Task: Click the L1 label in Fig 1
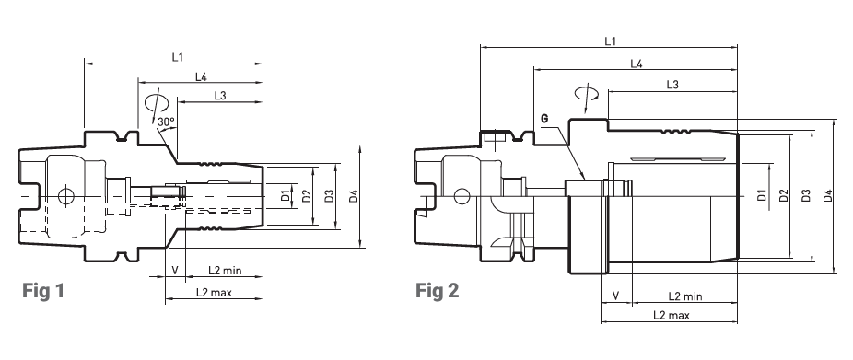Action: tap(178, 56)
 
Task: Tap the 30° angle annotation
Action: tap(166, 122)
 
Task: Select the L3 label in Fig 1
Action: tap(220, 96)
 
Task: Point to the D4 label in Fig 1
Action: tap(354, 196)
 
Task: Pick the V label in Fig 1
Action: tap(175, 271)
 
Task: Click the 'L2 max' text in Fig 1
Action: tap(214, 293)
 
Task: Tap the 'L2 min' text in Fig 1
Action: tap(225, 271)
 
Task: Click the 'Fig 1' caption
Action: tap(43, 291)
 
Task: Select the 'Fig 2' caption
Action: tap(438, 290)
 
